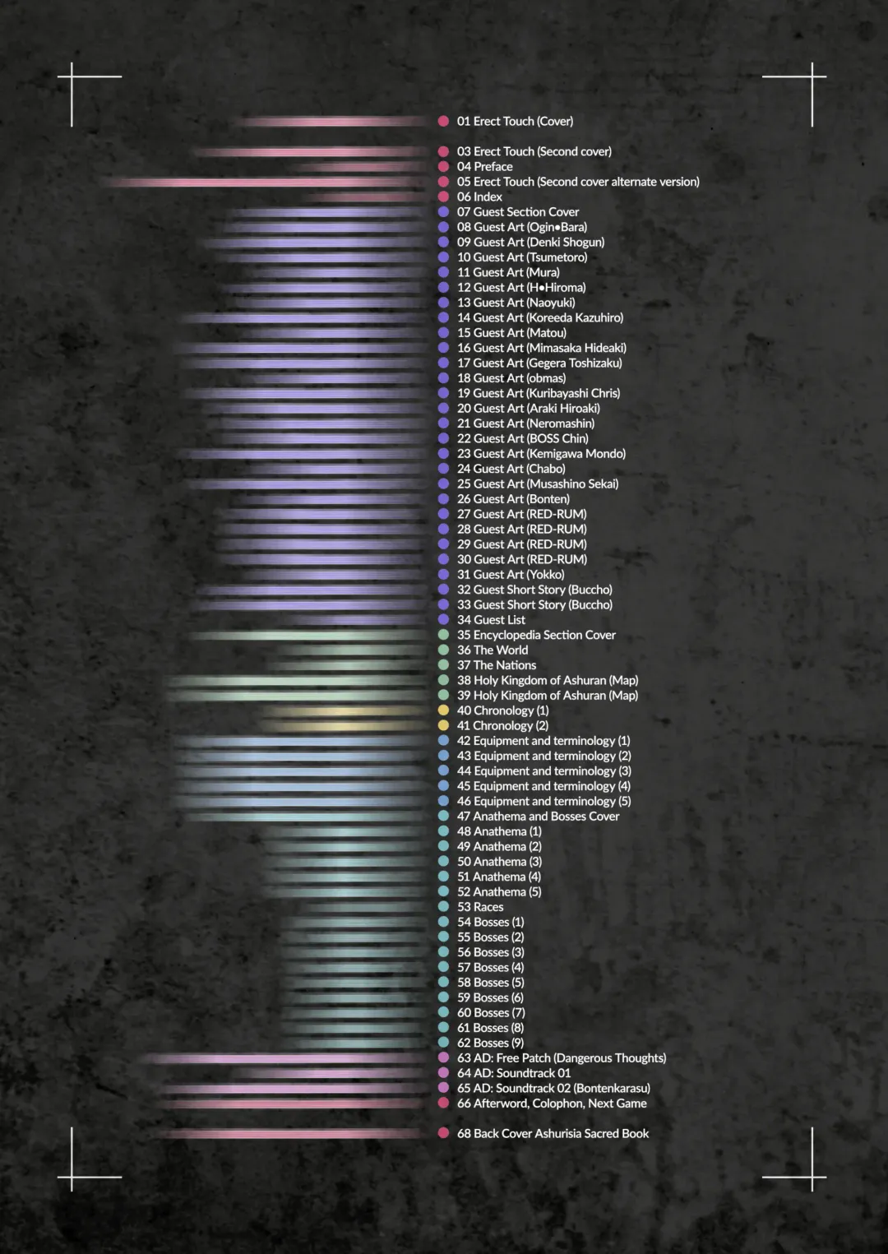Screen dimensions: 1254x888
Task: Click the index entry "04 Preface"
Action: pyautogui.click(x=484, y=167)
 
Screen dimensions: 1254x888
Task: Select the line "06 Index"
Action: pyautogui.click(x=479, y=197)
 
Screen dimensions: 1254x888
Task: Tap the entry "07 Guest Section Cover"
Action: pyautogui.click(x=517, y=212)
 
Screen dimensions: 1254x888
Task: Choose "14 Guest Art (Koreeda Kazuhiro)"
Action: pyautogui.click(x=539, y=317)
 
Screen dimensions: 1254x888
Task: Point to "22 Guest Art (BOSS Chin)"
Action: pyautogui.click(x=522, y=438)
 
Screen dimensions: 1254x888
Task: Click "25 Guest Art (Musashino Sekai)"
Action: pyautogui.click(x=537, y=484)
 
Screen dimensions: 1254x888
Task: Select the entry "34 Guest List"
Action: pyautogui.click(x=491, y=620)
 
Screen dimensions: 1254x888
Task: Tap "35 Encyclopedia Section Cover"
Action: pyautogui.click(x=536, y=635)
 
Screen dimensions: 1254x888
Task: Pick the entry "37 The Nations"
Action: pyautogui.click(x=497, y=665)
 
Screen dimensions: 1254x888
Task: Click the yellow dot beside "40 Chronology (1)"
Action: pyautogui.click(x=443, y=710)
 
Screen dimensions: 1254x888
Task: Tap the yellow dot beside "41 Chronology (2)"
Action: pyautogui.click(x=443, y=725)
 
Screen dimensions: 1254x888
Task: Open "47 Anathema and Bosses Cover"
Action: pyautogui.click(x=538, y=817)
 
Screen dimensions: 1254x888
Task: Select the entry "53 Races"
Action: pyautogui.click(x=480, y=907)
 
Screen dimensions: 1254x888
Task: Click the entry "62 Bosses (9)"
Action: pyautogui.click(x=490, y=1043)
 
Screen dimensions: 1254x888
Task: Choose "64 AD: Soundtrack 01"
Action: pyautogui.click(x=513, y=1073)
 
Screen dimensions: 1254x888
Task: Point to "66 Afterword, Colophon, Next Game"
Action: pyautogui.click(x=552, y=1104)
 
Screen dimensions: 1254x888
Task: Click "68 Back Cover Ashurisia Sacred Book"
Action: pyautogui.click(x=553, y=1133)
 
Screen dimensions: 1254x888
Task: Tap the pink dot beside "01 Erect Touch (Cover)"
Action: pyautogui.click(x=443, y=121)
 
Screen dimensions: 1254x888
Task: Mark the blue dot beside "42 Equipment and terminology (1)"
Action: pyautogui.click(x=443, y=741)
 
